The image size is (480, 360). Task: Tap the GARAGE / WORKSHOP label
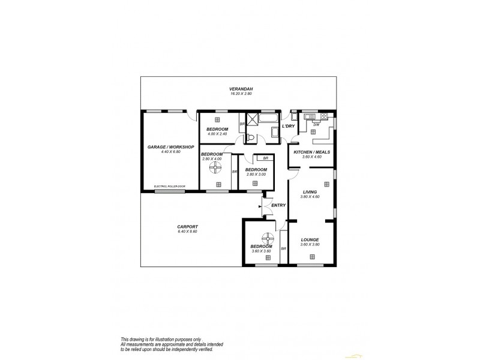(x=171, y=147)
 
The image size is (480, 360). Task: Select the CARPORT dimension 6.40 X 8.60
(x=187, y=232)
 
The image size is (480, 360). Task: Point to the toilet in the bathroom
(x=251, y=137)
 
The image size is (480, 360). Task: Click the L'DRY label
(x=288, y=126)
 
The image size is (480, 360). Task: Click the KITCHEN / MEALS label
(x=311, y=152)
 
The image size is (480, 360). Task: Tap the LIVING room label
(x=310, y=192)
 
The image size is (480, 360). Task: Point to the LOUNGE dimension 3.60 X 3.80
(x=310, y=244)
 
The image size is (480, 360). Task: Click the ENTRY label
(x=278, y=206)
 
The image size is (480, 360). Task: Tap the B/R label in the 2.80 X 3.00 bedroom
(x=257, y=158)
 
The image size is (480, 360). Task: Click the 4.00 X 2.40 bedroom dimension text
(x=217, y=134)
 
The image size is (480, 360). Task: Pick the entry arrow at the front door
(x=260, y=207)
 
